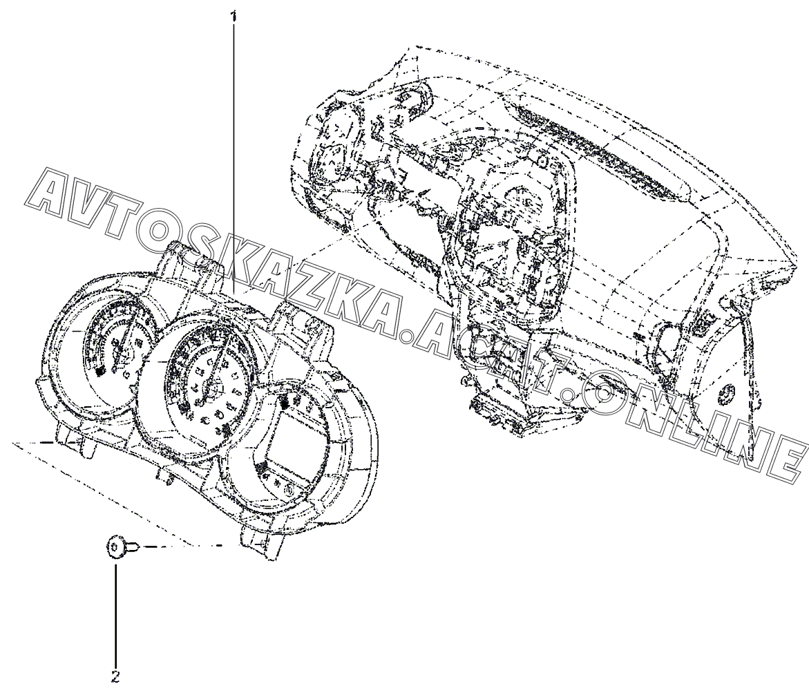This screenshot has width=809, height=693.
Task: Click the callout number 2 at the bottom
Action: click(x=115, y=676)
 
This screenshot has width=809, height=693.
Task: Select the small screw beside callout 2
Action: click(x=117, y=547)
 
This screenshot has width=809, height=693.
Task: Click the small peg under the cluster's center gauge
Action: click(x=166, y=475)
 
